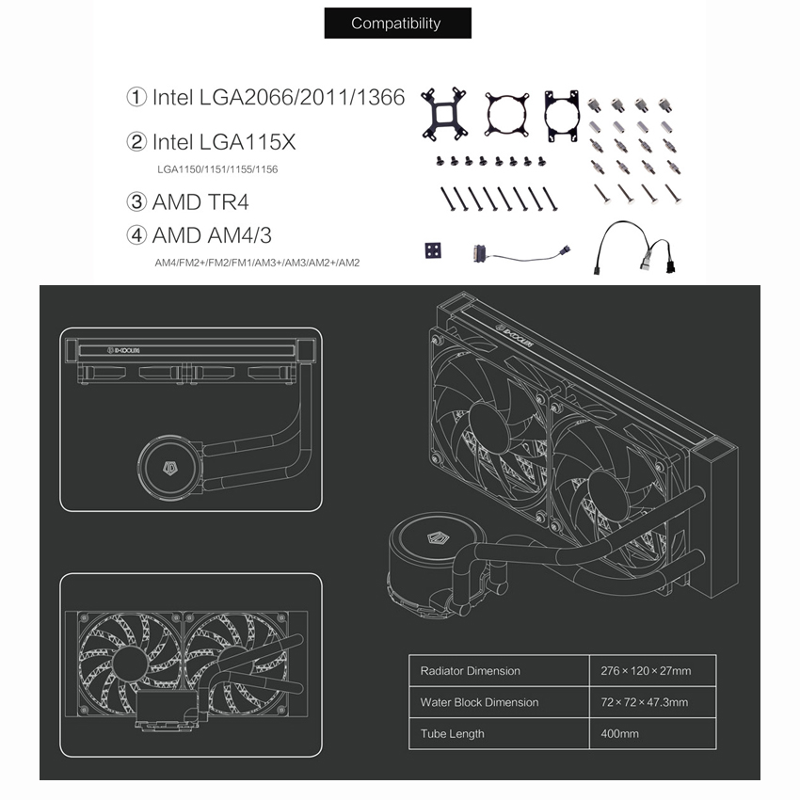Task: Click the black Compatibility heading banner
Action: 395,24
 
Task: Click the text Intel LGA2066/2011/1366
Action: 265,97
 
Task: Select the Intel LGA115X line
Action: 211,142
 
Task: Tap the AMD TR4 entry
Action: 188,201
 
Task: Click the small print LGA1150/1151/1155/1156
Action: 217,169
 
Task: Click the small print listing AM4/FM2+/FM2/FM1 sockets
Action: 257,263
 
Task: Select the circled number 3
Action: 136,201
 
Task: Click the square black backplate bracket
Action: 447,115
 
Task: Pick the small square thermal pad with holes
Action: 433,251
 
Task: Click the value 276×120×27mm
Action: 646,671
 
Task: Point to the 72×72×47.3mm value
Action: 644,702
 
